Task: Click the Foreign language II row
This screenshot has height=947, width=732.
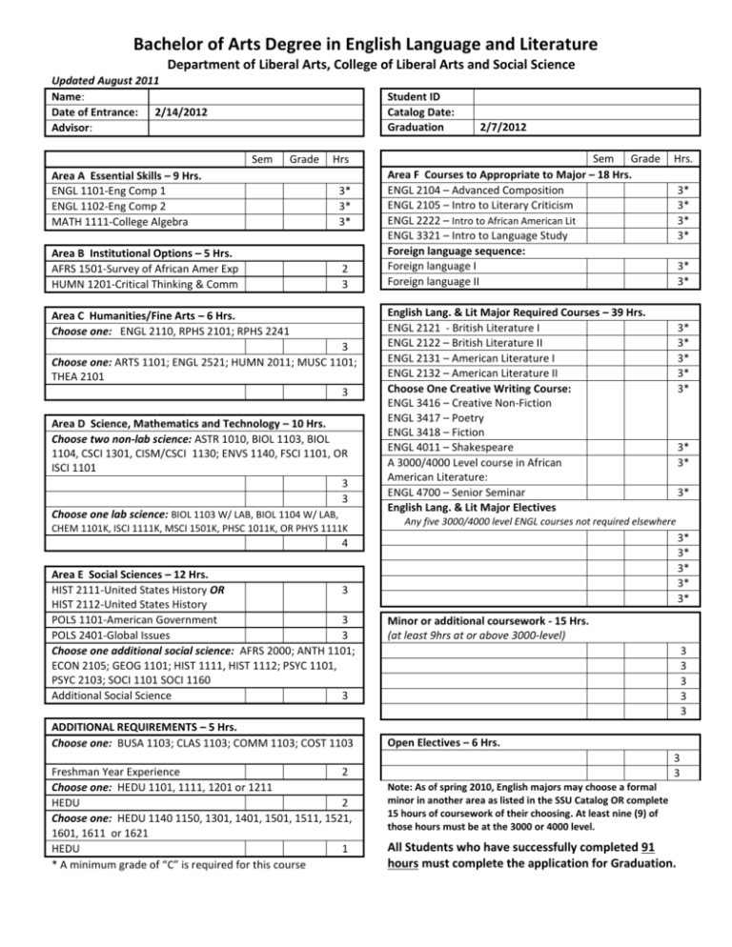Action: pos(430,282)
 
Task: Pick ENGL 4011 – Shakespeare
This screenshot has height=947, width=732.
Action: pos(448,446)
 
